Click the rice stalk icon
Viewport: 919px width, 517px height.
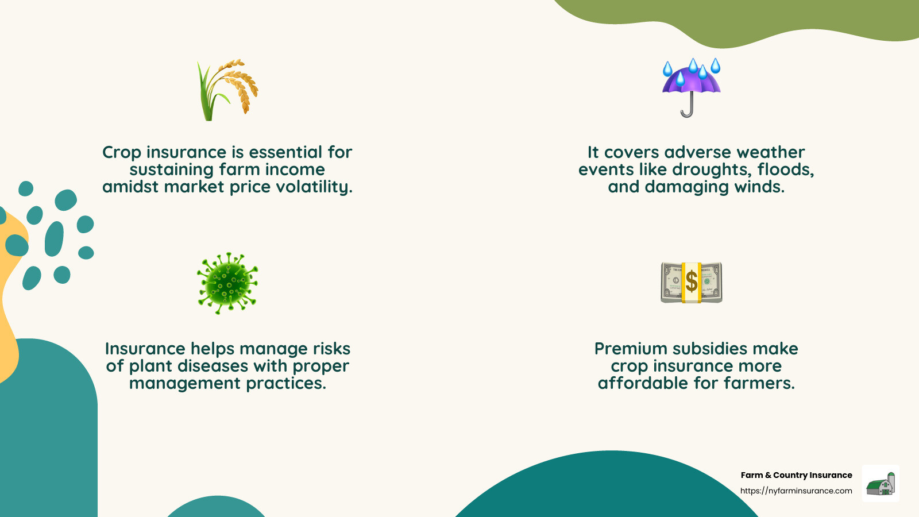pos(228,90)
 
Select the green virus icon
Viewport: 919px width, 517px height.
pos(227,283)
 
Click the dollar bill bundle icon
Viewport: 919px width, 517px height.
pos(691,283)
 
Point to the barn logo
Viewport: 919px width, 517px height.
pos(881,484)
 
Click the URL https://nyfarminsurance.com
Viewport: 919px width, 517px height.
pos(796,491)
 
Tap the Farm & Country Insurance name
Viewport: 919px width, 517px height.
pos(796,475)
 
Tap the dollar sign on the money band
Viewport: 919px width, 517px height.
pos(692,282)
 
